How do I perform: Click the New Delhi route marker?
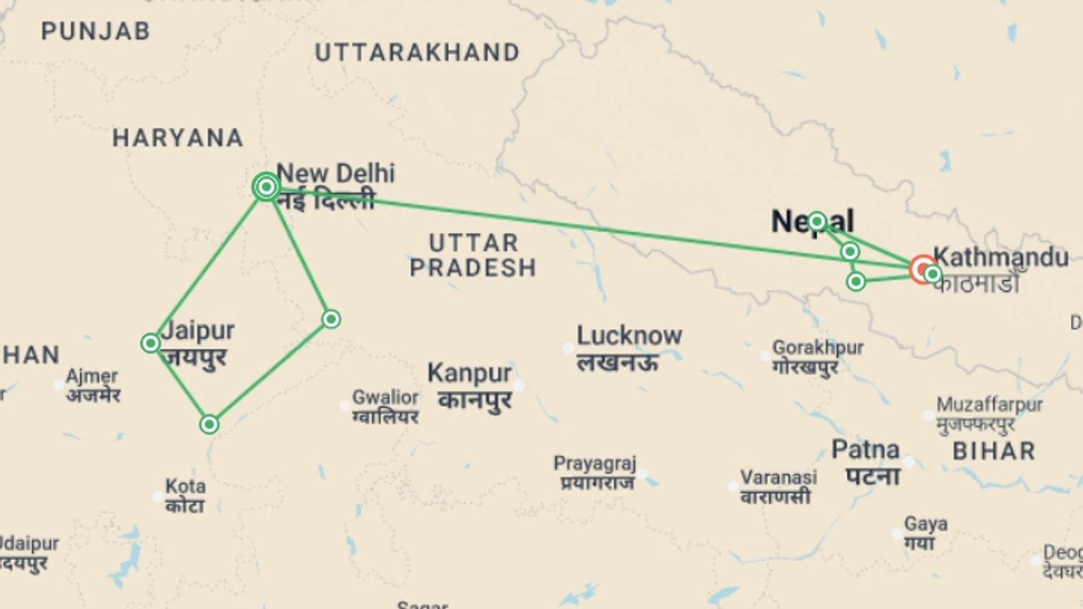tap(266, 187)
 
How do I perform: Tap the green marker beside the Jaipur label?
tap(151, 343)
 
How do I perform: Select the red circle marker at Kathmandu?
tap(923, 270)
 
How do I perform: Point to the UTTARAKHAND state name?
tap(417, 53)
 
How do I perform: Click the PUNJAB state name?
tap(96, 31)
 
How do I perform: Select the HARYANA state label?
tap(178, 138)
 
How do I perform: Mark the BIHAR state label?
tap(994, 451)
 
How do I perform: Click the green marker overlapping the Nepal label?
tap(817, 222)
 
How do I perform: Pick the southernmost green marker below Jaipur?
tap(209, 424)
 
